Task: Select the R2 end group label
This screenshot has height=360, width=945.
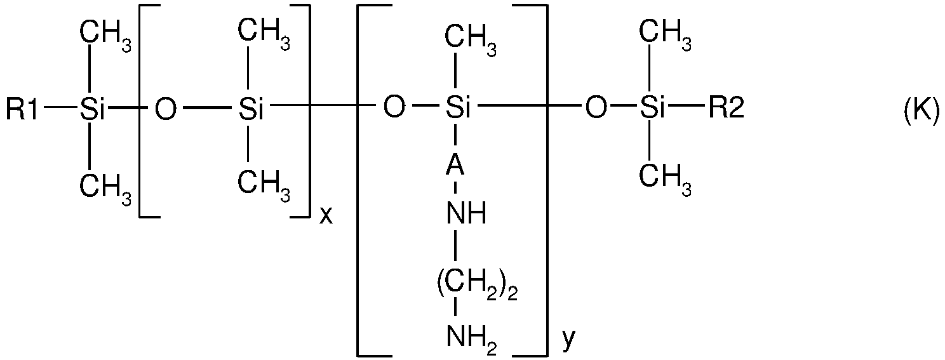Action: (x=725, y=110)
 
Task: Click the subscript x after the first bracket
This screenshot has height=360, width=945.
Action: (x=325, y=217)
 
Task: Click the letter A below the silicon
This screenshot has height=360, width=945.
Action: (x=455, y=169)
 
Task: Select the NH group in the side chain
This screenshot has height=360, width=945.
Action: (x=466, y=215)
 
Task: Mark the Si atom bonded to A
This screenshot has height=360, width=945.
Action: (x=457, y=110)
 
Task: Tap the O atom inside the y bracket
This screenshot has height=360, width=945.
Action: (x=394, y=110)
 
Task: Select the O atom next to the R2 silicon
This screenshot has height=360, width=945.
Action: (x=595, y=110)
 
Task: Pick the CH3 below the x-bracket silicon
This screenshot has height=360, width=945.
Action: (x=264, y=184)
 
